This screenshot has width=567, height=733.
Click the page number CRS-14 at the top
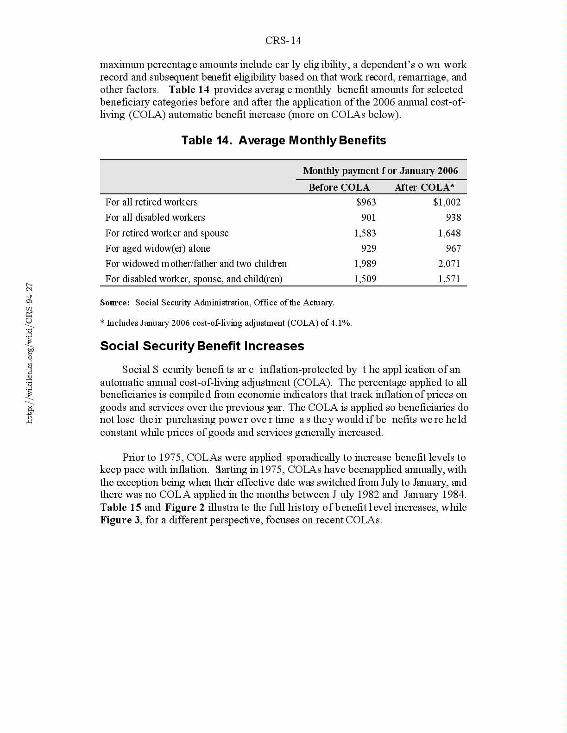tap(283, 41)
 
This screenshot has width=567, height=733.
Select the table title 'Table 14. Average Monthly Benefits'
tap(283, 140)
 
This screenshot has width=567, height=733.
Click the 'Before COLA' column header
tap(339, 187)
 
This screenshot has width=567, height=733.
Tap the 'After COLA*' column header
tap(424, 187)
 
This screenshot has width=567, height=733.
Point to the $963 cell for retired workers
tap(366, 202)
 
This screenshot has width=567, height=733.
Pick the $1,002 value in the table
tap(447, 202)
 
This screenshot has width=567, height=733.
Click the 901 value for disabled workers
tap(369, 217)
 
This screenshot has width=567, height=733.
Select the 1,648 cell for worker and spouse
tap(449, 233)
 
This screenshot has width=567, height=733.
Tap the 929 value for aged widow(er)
tap(369, 248)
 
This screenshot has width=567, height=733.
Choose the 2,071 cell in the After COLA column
tap(449, 264)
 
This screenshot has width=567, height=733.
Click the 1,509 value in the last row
tap(365, 279)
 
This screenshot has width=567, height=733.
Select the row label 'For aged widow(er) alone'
tap(157, 248)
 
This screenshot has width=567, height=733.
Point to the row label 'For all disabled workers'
tap(155, 217)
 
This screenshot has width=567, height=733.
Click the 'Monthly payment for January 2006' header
tap(380, 171)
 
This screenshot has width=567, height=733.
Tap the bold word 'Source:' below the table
tap(115, 303)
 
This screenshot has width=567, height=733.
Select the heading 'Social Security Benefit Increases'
tap(202, 346)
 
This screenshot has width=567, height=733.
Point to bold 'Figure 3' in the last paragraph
tap(120, 520)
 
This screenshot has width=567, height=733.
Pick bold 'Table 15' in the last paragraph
tap(120, 508)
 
